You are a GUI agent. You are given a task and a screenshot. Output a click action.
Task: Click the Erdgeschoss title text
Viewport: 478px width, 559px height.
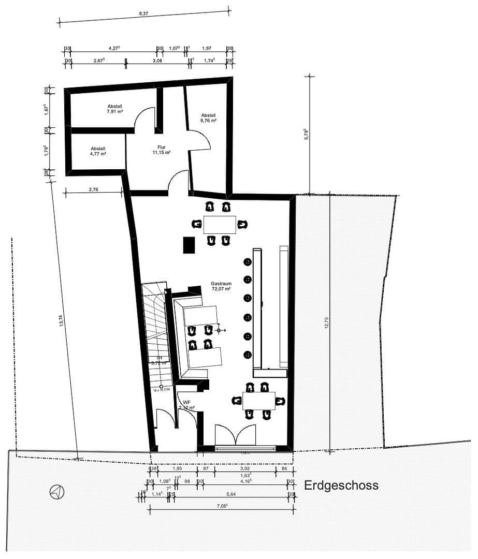point(341,486)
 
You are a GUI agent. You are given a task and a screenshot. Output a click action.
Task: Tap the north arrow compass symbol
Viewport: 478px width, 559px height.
point(56,491)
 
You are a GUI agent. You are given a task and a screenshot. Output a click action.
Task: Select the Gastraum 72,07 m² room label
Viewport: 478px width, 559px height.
point(221,286)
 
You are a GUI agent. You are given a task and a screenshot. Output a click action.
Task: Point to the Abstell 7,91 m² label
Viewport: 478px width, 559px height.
point(114,109)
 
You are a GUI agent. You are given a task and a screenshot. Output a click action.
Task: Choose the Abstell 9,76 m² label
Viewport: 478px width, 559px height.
point(208,117)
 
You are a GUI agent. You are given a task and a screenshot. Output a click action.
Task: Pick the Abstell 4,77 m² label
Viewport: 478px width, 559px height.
point(98,151)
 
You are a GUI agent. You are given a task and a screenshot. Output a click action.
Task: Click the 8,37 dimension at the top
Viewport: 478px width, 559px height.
point(143,14)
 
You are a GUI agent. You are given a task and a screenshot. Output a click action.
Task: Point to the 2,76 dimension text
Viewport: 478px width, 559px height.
point(93,189)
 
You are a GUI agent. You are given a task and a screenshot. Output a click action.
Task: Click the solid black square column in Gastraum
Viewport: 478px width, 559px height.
point(188,245)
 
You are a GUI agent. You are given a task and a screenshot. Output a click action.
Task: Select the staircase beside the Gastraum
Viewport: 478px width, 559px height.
point(156,331)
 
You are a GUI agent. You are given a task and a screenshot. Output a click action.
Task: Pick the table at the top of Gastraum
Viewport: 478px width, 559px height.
point(219,225)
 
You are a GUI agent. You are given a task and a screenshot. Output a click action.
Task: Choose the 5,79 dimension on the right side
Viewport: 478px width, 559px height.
point(307,135)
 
